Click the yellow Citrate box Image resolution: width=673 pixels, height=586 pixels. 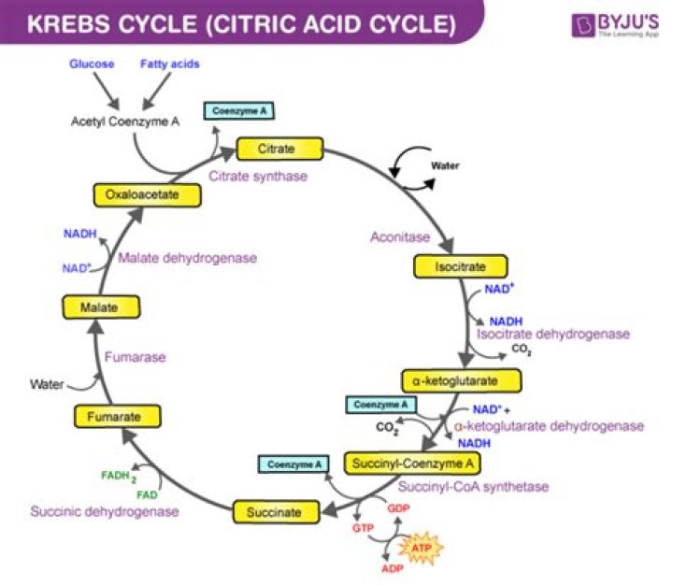(279, 149)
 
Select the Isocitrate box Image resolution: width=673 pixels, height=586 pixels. (460, 266)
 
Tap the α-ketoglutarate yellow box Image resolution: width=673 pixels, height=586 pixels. (461, 381)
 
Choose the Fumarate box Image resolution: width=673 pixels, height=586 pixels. (109, 419)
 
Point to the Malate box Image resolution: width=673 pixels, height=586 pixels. (96, 307)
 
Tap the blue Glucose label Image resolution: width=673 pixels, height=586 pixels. (92, 64)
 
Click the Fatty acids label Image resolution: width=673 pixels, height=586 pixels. (170, 64)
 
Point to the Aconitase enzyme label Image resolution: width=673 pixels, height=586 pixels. (401, 237)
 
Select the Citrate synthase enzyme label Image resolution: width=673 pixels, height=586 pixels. (258, 176)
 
